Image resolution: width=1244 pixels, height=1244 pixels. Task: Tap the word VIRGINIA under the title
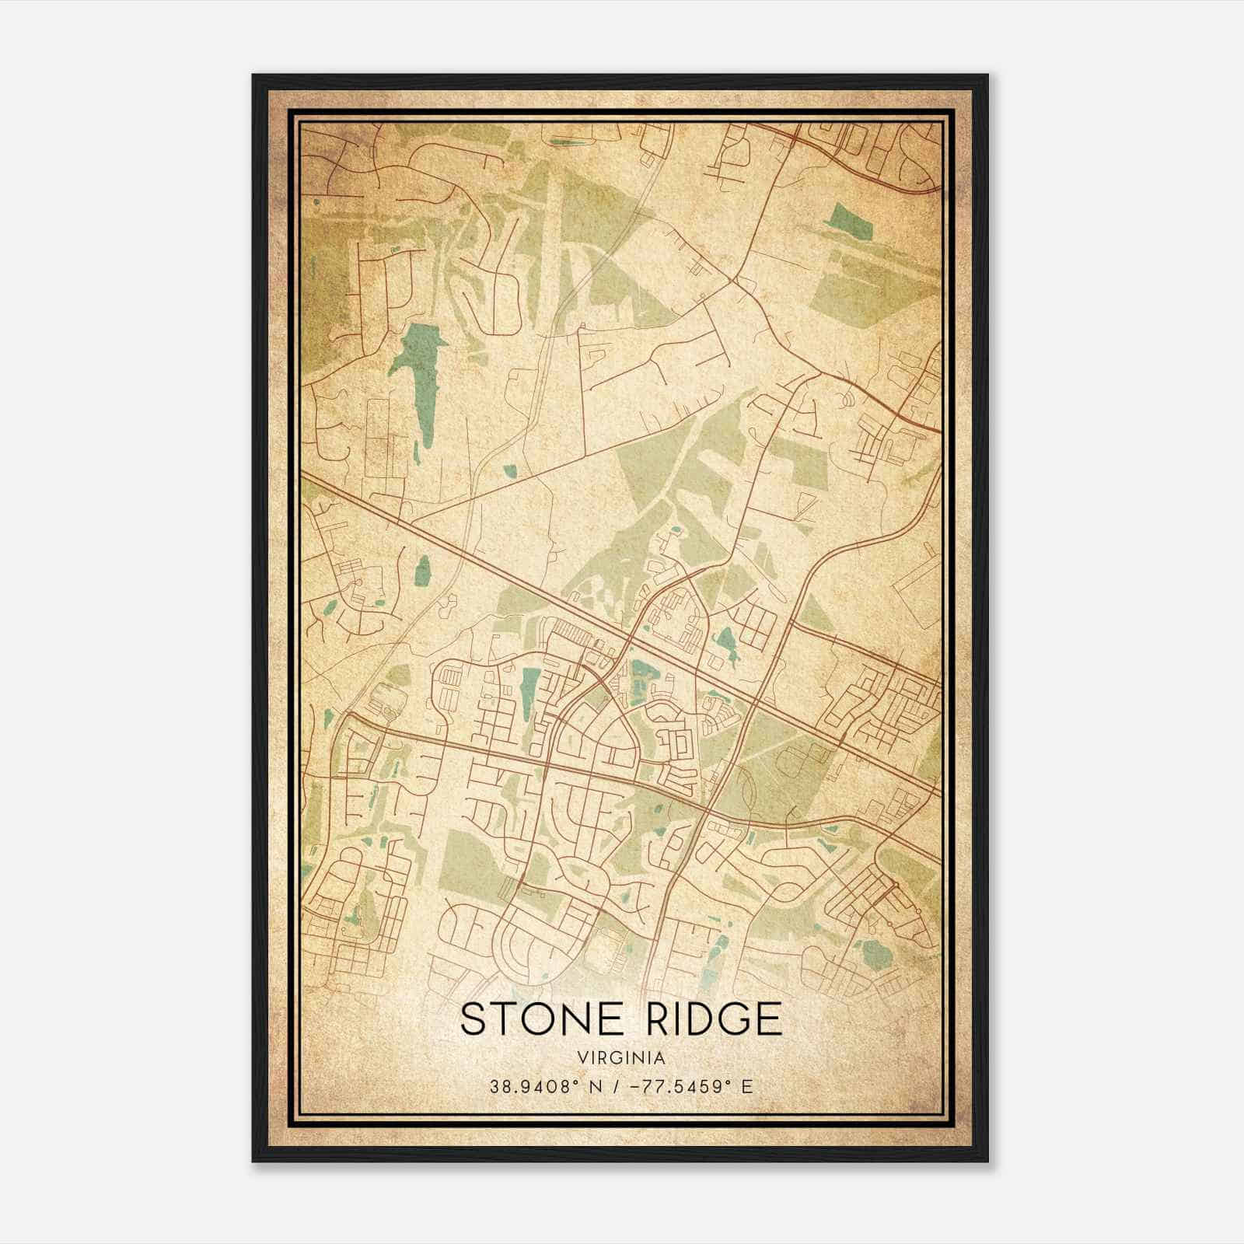pos(621,1058)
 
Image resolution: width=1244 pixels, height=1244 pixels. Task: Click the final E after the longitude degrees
pos(747,1087)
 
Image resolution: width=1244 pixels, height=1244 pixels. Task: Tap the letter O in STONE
pos(536,1019)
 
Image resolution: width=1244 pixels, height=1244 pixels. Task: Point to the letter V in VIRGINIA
pos(582,1058)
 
